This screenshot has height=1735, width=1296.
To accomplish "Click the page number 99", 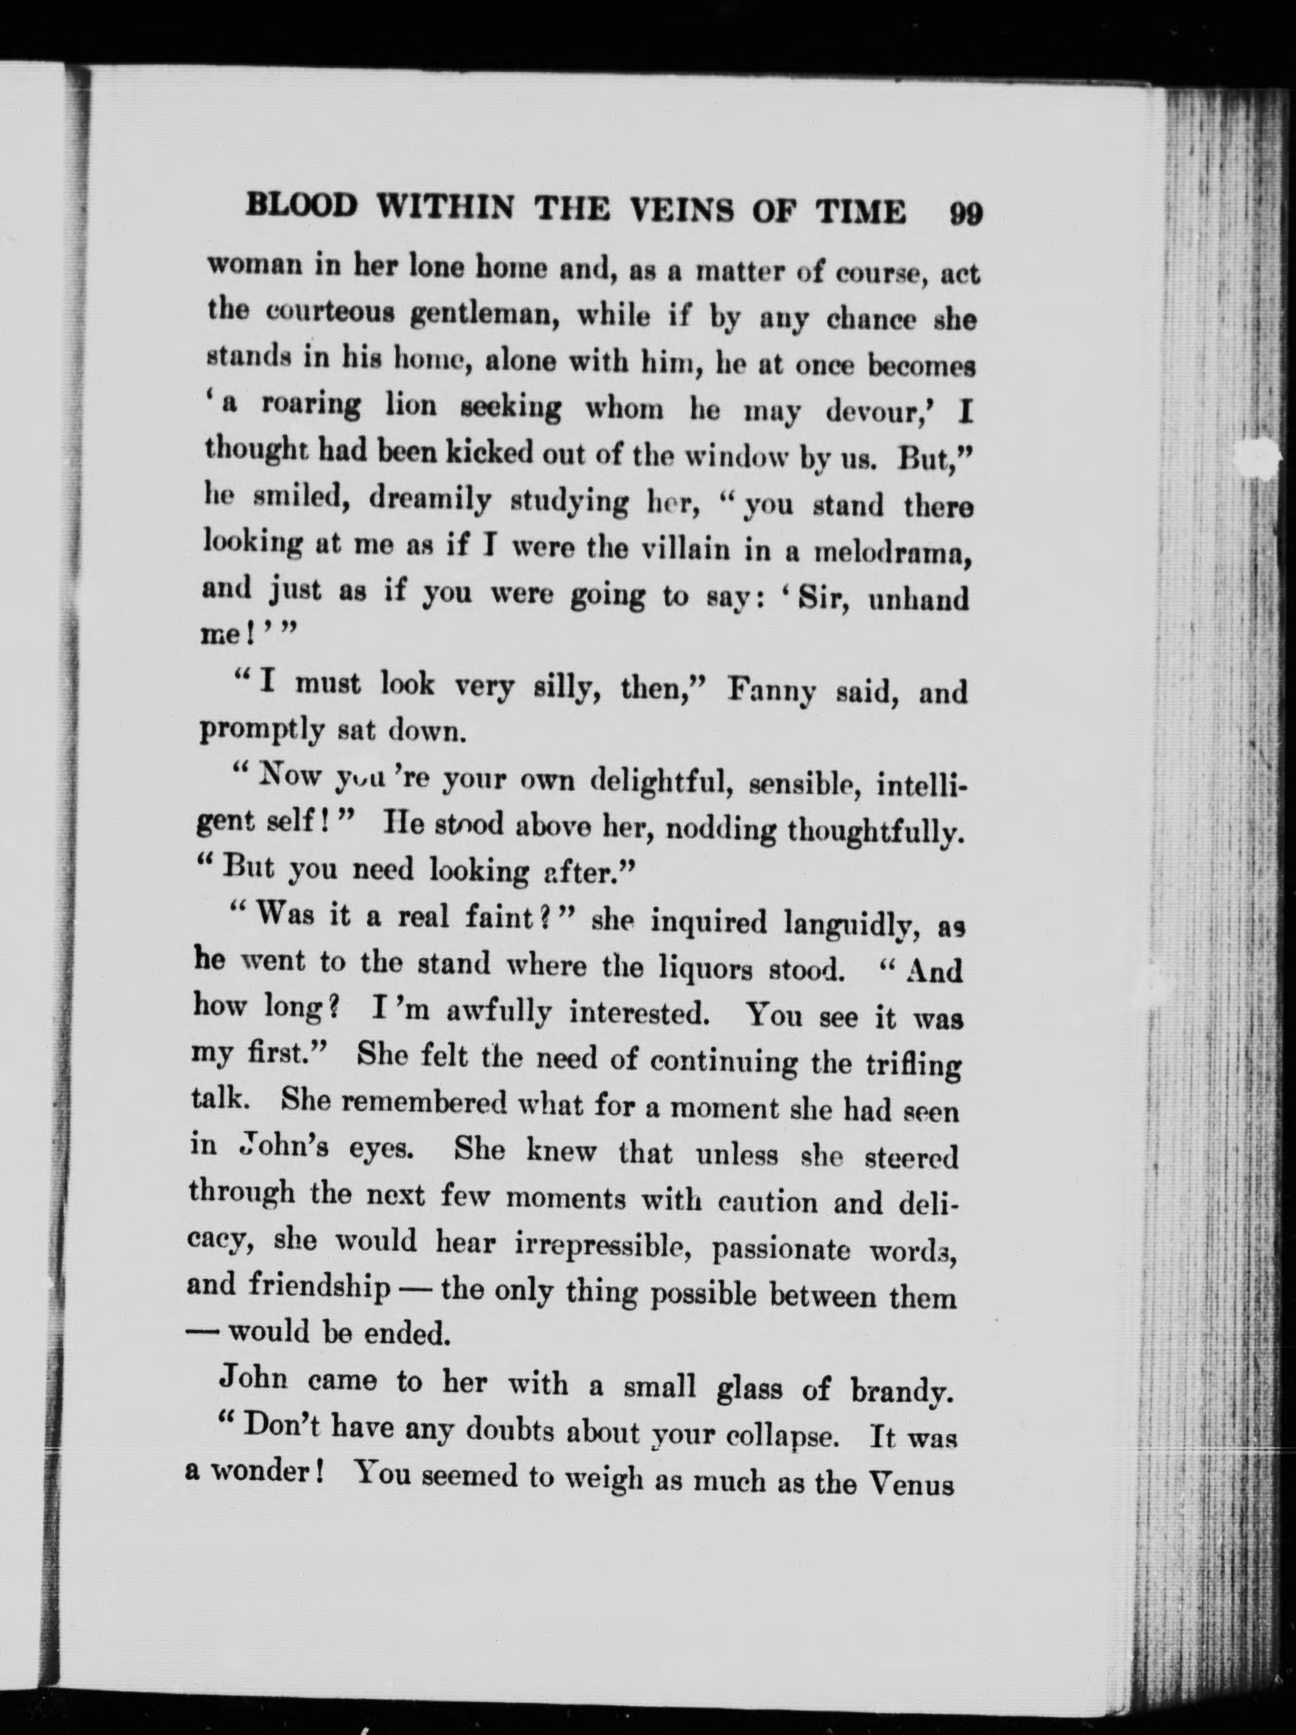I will tap(965, 214).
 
